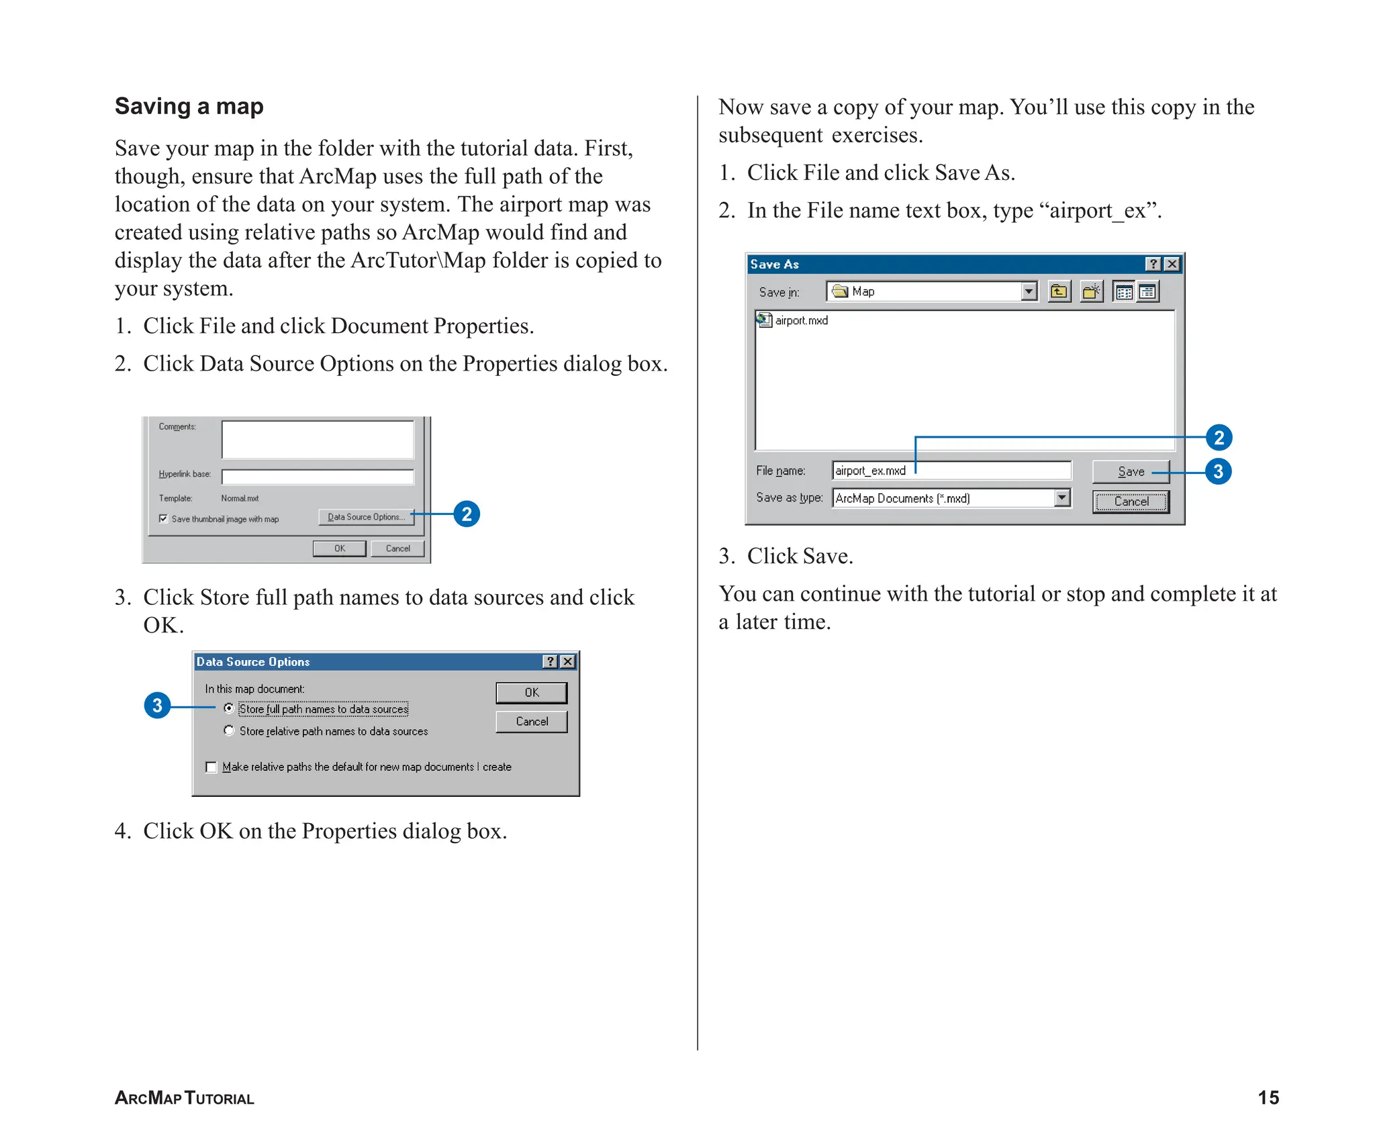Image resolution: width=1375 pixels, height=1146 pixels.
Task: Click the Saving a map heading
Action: pyautogui.click(x=189, y=106)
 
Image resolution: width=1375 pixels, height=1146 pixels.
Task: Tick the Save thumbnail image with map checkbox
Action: pyautogui.click(x=163, y=518)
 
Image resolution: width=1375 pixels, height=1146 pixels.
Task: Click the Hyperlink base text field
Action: pyautogui.click(x=318, y=477)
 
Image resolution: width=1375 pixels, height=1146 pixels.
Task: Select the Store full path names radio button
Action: pyautogui.click(x=229, y=708)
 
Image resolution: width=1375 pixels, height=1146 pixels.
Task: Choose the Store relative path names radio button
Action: pyautogui.click(x=229, y=730)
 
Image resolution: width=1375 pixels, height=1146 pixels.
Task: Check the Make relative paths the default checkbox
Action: pyautogui.click(x=211, y=767)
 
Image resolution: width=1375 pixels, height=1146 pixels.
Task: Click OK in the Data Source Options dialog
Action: pyautogui.click(x=531, y=692)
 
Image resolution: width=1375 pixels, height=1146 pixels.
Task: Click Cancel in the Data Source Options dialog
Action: pyautogui.click(x=531, y=721)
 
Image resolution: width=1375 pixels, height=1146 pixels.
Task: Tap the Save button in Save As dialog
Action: pyautogui.click(x=1131, y=471)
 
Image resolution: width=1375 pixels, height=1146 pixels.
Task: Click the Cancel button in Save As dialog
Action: pyautogui.click(x=1131, y=501)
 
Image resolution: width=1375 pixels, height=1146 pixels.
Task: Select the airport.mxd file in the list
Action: pyautogui.click(x=800, y=320)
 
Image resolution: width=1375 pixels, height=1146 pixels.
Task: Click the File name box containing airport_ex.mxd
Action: pyautogui.click(x=951, y=471)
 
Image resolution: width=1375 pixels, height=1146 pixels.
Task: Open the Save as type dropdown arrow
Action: pyautogui.click(x=1062, y=497)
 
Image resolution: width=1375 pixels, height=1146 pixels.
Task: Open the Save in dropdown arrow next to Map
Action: pyautogui.click(x=1029, y=291)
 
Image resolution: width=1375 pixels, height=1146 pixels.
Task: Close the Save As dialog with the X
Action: pyautogui.click(x=1172, y=264)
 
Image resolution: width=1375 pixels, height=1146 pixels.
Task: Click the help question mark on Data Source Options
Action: pyautogui.click(x=550, y=661)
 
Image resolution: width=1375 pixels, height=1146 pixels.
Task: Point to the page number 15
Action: pyautogui.click(x=1268, y=1097)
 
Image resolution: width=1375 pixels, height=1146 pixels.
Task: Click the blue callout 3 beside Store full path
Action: pyautogui.click(x=157, y=705)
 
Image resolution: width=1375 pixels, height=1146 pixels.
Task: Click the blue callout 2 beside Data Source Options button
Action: pyautogui.click(x=467, y=514)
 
